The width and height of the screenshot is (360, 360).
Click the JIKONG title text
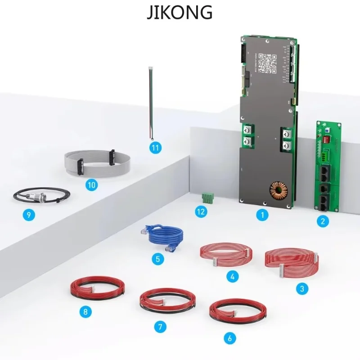click(x=180, y=12)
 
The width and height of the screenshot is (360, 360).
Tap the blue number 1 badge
click(x=262, y=215)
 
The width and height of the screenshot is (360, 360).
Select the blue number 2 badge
click(x=322, y=221)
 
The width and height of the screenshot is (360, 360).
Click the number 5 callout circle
click(x=157, y=259)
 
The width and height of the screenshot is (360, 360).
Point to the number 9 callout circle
click(x=29, y=215)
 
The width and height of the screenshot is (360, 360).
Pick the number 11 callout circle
click(x=155, y=147)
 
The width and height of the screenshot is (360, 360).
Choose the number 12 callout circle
click(x=201, y=211)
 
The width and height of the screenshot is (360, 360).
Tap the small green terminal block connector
click(x=208, y=198)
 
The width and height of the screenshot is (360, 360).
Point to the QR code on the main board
click(x=269, y=63)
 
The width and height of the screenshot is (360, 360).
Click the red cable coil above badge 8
click(x=97, y=289)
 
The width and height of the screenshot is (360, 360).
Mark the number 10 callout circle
click(x=92, y=184)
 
